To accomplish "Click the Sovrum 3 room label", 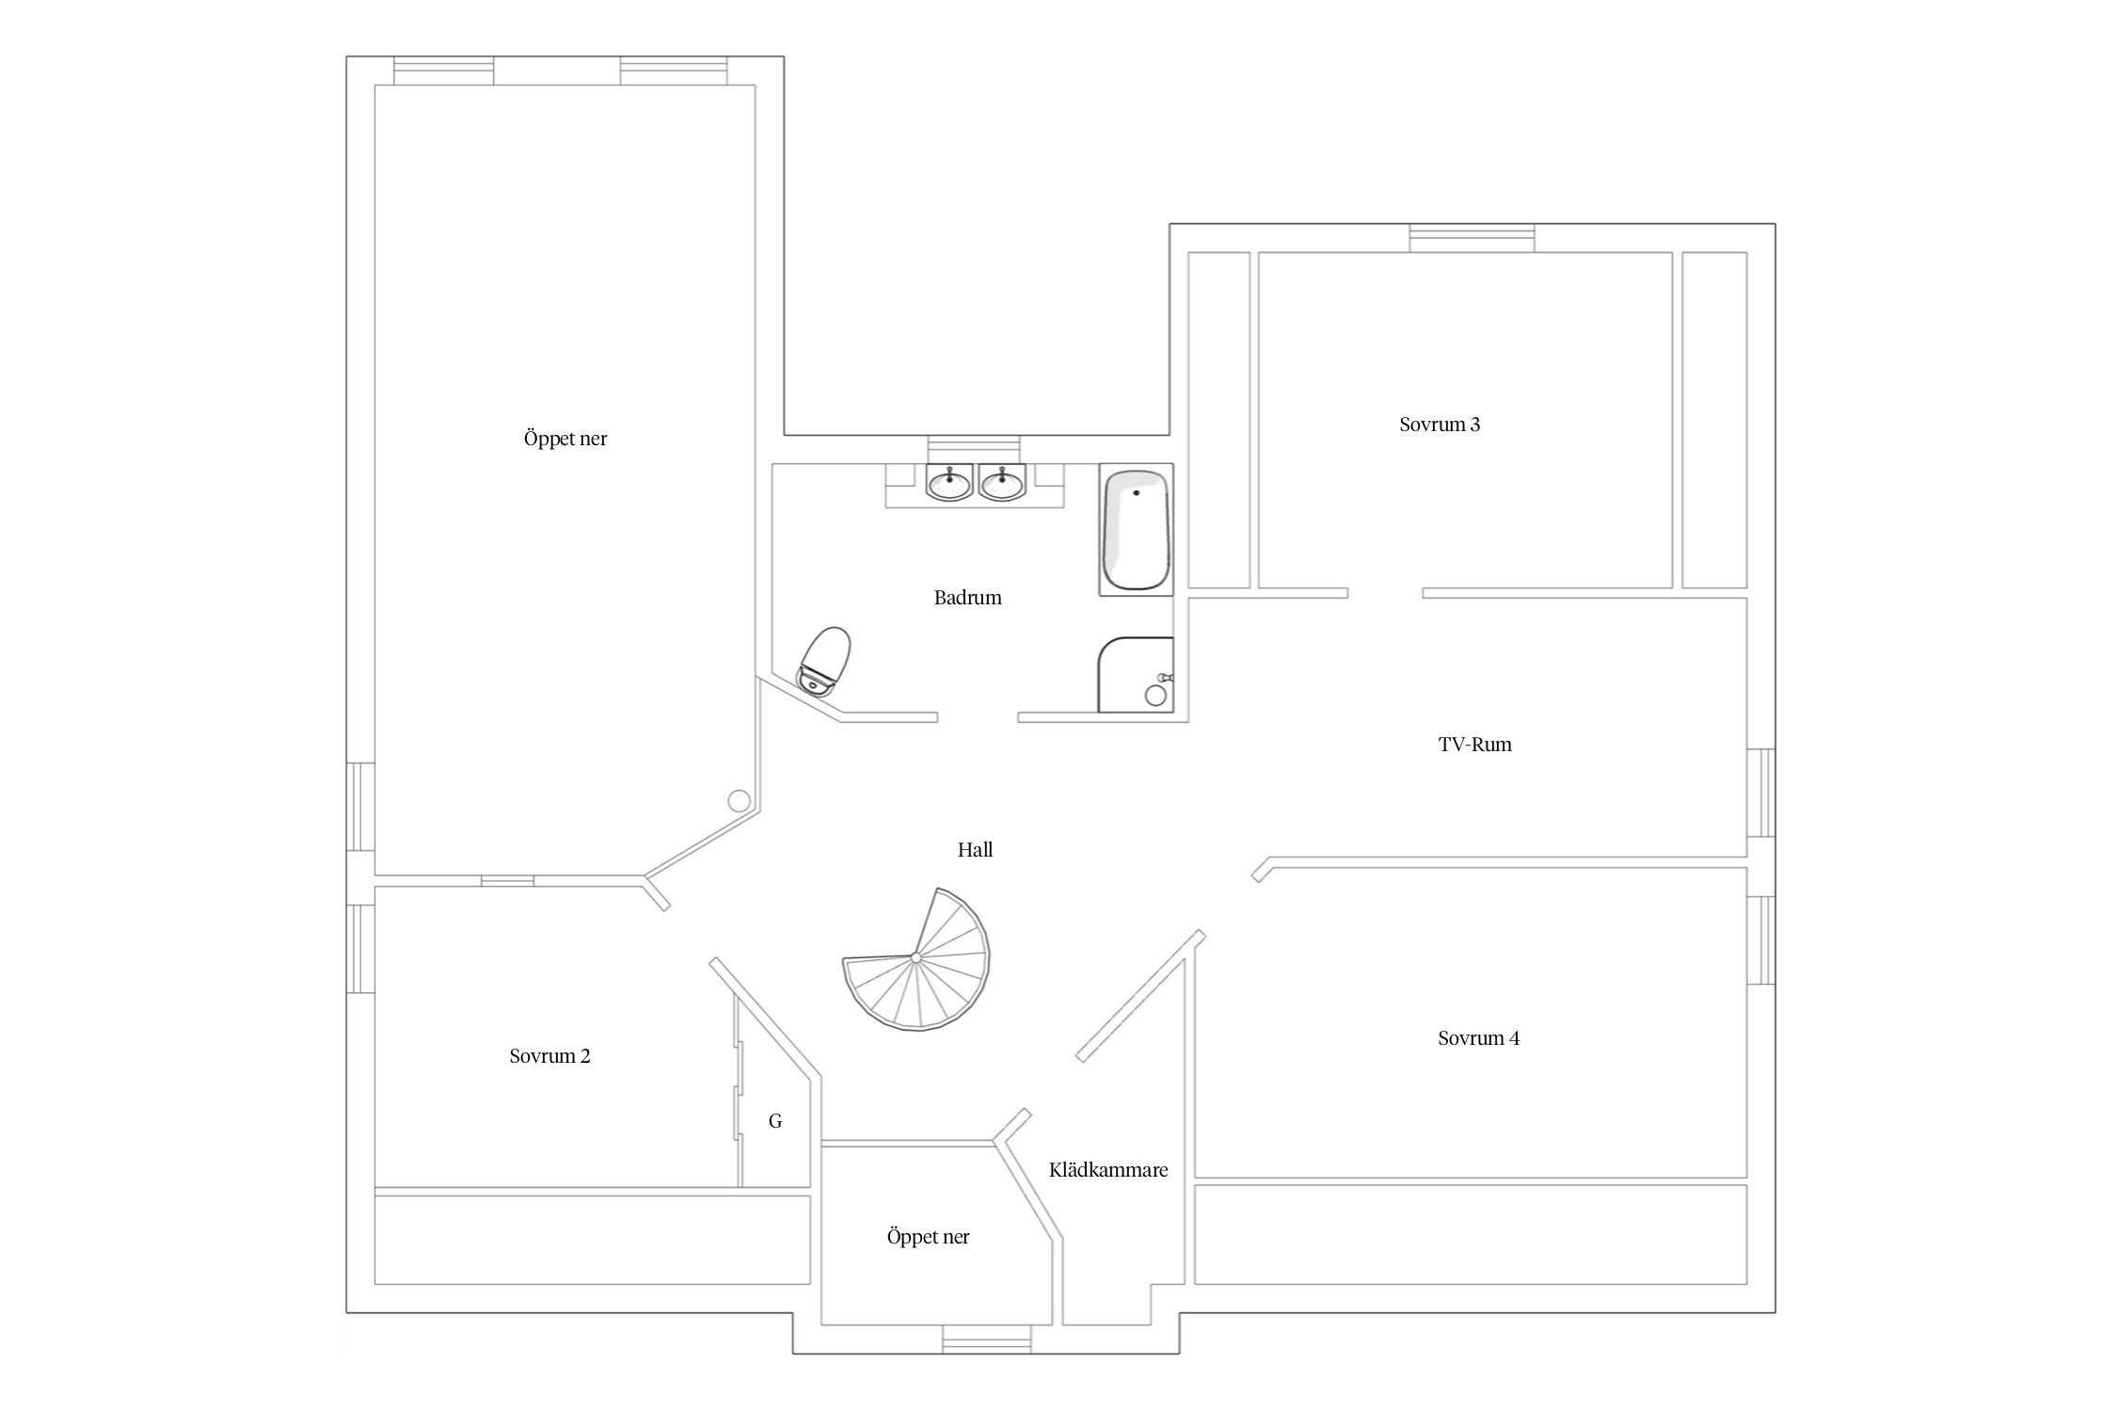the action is click(1439, 425).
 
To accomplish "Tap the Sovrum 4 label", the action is click(1478, 1038).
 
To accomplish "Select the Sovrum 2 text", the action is click(549, 1056).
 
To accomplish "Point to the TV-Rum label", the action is click(1474, 745).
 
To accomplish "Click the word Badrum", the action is click(967, 598).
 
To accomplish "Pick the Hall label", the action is click(975, 850).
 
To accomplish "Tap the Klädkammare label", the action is click(1108, 1170).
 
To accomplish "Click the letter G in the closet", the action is click(775, 1121).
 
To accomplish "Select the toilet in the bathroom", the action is click(824, 661).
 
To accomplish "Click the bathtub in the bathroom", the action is click(1137, 530).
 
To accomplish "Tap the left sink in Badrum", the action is click(949, 483).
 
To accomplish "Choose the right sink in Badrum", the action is click(1002, 483).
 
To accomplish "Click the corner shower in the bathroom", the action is click(1136, 675).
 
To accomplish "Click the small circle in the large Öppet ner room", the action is click(740, 801).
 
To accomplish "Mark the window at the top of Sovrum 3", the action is click(1472, 238).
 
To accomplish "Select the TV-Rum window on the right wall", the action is click(1761, 793).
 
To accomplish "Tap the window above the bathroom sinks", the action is click(974, 449).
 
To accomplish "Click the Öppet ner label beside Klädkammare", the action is click(928, 1237).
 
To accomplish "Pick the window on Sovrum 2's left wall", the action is click(361, 949).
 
